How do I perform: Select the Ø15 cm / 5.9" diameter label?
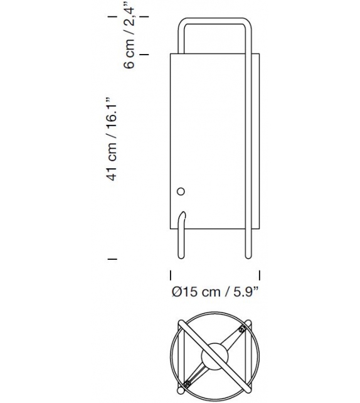point(215,291)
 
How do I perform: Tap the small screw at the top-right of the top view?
point(240,328)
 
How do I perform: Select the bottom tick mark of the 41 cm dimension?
point(114,258)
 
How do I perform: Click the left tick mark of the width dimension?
point(171,274)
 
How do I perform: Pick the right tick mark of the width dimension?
point(260,274)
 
